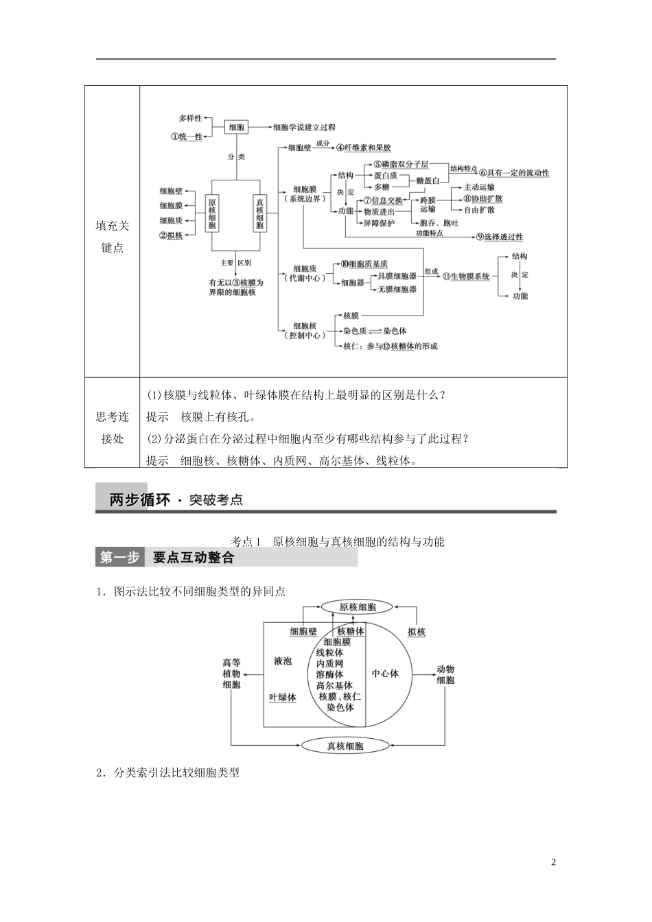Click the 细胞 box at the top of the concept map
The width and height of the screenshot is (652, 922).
click(236, 127)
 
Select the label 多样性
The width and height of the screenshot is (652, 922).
click(190, 118)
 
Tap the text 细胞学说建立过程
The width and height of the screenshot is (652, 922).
click(304, 127)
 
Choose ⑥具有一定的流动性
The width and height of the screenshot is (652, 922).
click(514, 173)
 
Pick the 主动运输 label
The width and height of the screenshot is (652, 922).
click(479, 187)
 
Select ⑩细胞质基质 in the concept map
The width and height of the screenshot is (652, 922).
click(364, 264)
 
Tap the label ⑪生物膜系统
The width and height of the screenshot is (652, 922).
click(466, 276)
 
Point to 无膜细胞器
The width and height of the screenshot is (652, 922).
click(397, 289)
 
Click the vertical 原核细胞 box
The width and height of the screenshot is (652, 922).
click(212, 213)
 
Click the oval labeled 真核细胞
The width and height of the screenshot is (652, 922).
click(345, 746)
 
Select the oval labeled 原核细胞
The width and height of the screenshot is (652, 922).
click(358, 606)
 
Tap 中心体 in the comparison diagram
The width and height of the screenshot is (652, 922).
click(385, 674)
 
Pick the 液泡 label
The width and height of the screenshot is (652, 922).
click(283, 661)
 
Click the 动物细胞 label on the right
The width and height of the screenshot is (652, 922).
click(445, 674)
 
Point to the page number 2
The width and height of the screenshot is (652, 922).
click(553, 862)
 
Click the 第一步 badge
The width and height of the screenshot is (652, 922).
click(119, 558)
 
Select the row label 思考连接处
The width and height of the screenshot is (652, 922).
click(112, 427)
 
